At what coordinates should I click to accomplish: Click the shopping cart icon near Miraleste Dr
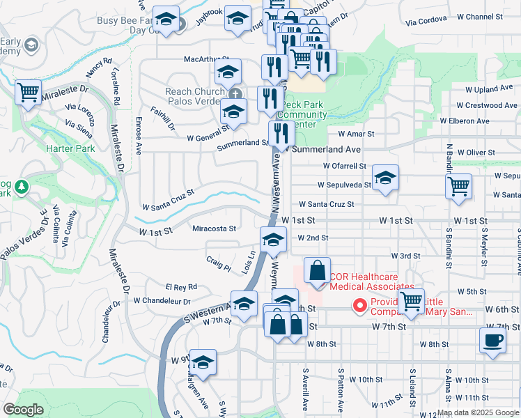(x=28, y=91)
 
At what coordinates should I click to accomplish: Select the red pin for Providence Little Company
(x=360, y=305)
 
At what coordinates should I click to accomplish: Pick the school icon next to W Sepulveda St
(x=385, y=178)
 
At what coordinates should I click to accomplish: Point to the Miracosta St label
(x=214, y=228)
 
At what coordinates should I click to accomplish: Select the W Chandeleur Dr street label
(x=162, y=301)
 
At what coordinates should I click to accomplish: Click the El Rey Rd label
(x=181, y=286)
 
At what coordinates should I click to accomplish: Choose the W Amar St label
(x=356, y=133)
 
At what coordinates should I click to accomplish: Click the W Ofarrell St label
(x=345, y=166)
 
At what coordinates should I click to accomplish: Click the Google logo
(x=23, y=410)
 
